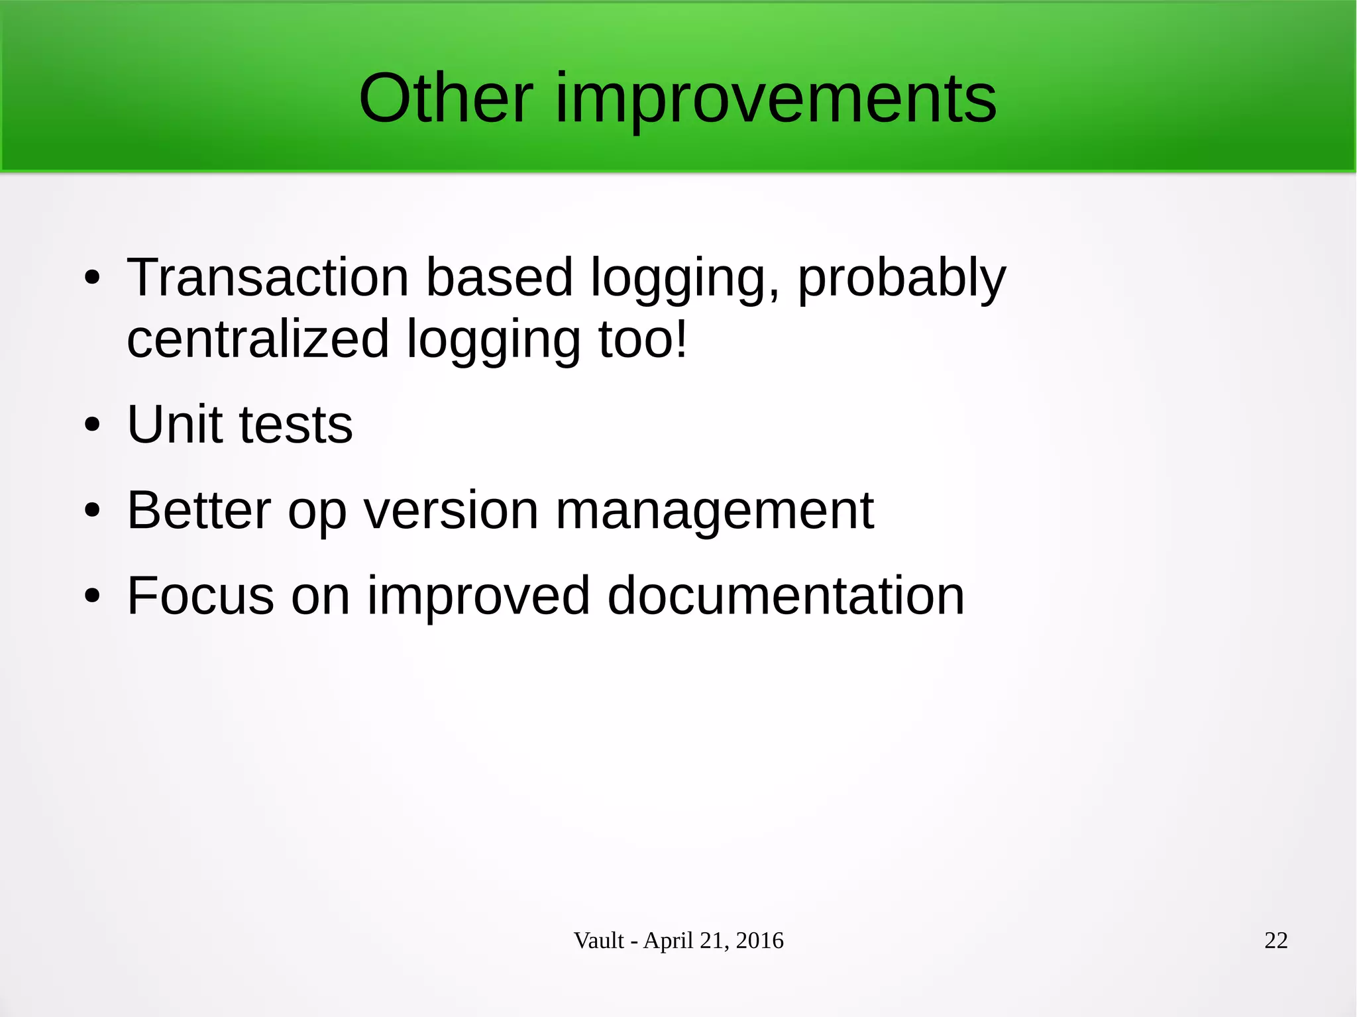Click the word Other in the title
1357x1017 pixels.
(446, 99)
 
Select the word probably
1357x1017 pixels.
(901, 278)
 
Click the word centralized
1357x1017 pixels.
(258, 339)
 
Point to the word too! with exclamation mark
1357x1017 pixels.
(643, 339)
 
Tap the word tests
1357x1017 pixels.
(296, 425)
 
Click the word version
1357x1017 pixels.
(451, 511)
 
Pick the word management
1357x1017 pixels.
(714, 512)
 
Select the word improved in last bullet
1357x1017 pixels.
(478, 596)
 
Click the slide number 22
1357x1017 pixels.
(1276, 940)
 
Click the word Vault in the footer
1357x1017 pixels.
(598, 940)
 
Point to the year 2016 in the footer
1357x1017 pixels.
(759, 940)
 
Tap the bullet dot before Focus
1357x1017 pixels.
(92, 596)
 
